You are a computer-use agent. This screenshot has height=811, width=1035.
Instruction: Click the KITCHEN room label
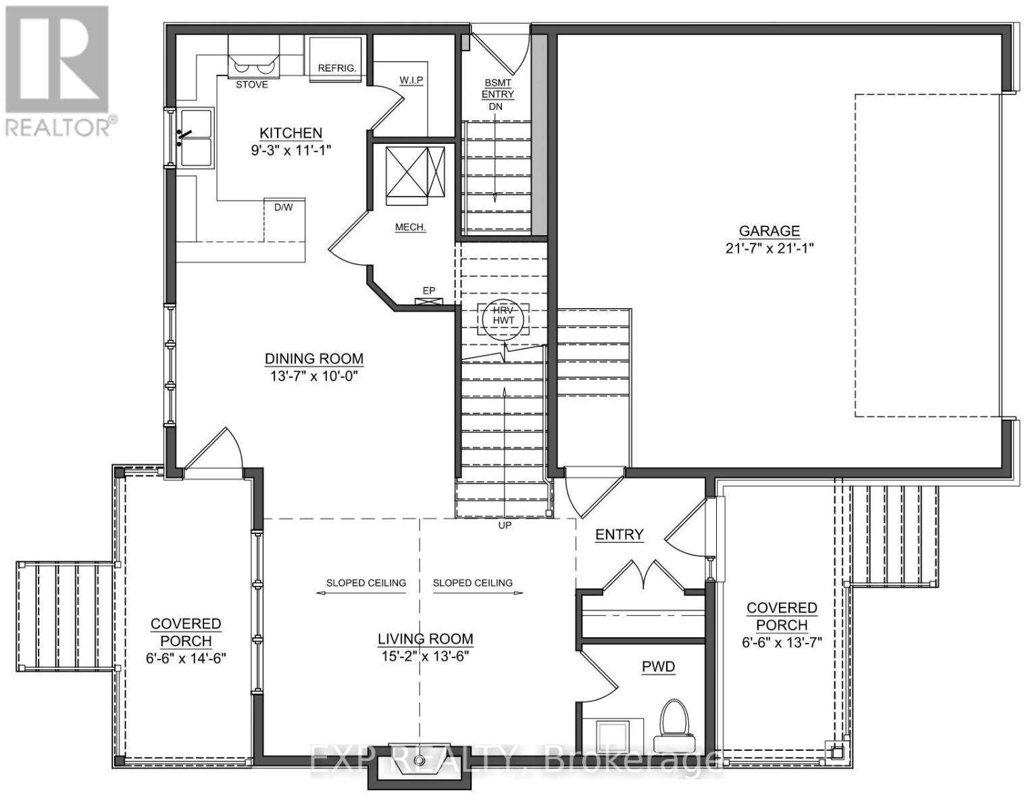coord(291,133)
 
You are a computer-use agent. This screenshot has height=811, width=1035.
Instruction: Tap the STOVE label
coord(251,84)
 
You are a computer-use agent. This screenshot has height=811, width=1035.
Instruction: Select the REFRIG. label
coord(336,68)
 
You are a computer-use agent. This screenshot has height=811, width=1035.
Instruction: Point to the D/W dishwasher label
coord(283,207)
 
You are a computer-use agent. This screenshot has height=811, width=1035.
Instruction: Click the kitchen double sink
coord(195,137)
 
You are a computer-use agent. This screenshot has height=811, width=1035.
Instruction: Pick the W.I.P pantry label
coord(411,80)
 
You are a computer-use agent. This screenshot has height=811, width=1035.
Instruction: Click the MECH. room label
coord(410,227)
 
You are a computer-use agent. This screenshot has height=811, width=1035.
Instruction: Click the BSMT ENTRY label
coord(498,89)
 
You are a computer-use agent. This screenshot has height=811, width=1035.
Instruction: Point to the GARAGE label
coord(769,231)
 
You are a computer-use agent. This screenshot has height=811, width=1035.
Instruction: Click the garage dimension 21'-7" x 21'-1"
coord(769,248)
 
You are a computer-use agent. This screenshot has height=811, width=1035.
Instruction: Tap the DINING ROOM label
coord(313,359)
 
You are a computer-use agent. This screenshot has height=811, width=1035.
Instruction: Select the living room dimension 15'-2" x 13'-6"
coord(425,656)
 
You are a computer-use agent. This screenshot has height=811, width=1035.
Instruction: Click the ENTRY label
coord(619,535)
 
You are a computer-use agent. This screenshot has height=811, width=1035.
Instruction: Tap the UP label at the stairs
coord(505,525)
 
